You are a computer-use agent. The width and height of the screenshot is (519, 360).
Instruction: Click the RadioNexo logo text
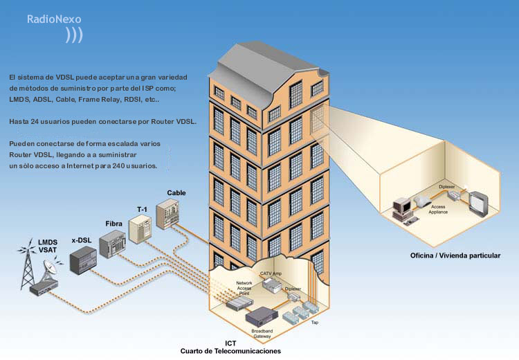(54, 19)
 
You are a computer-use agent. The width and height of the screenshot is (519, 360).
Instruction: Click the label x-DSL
(82, 240)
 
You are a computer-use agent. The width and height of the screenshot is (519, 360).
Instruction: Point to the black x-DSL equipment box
(83, 261)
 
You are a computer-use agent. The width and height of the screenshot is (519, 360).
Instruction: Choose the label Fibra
(114, 224)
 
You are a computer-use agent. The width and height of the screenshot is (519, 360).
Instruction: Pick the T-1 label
(142, 209)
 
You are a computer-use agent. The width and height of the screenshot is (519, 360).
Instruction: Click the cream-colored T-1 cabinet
(140, 229)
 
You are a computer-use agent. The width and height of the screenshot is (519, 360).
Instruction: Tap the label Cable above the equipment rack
(176, 192)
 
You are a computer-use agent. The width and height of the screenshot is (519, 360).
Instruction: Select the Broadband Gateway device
(262, 317)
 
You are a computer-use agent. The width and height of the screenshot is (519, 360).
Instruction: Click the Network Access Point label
(244, 288)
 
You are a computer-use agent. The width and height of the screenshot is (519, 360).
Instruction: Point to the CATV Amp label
(271, 273)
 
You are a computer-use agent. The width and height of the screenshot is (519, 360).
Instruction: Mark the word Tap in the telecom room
(314, 322)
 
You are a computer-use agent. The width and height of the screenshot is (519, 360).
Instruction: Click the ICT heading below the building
(230, 343)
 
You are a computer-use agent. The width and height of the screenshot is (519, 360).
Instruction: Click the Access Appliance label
(438, 209)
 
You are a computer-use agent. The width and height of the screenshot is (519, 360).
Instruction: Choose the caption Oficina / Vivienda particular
(455, 255)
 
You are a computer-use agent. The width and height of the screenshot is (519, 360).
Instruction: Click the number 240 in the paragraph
(118, 165)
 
